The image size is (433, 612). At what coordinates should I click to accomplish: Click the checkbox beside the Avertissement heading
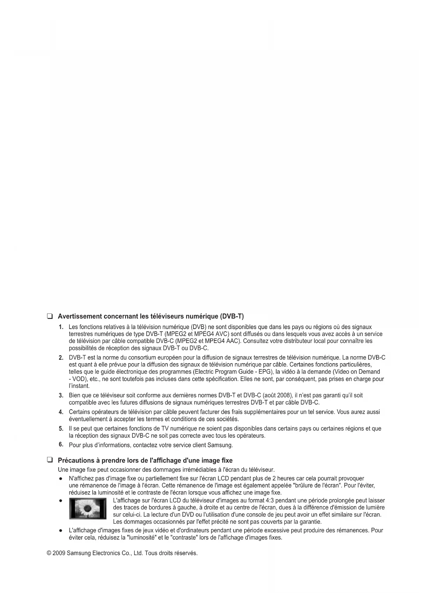click(50, 316)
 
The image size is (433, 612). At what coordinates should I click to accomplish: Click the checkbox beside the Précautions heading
click(50, 460)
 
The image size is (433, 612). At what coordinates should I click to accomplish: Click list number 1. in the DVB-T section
click(61, 327)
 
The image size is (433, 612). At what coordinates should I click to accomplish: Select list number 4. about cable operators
click(61, 412)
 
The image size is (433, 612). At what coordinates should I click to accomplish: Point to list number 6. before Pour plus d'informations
click(61, 445)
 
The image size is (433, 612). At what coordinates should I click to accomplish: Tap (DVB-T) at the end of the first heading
click(232, 316)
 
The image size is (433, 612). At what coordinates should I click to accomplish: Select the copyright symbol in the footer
click(49, 553)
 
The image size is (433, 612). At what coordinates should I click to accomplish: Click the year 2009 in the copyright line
click(59, 553)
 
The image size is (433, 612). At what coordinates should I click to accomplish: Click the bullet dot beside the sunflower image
click(61, 500)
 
